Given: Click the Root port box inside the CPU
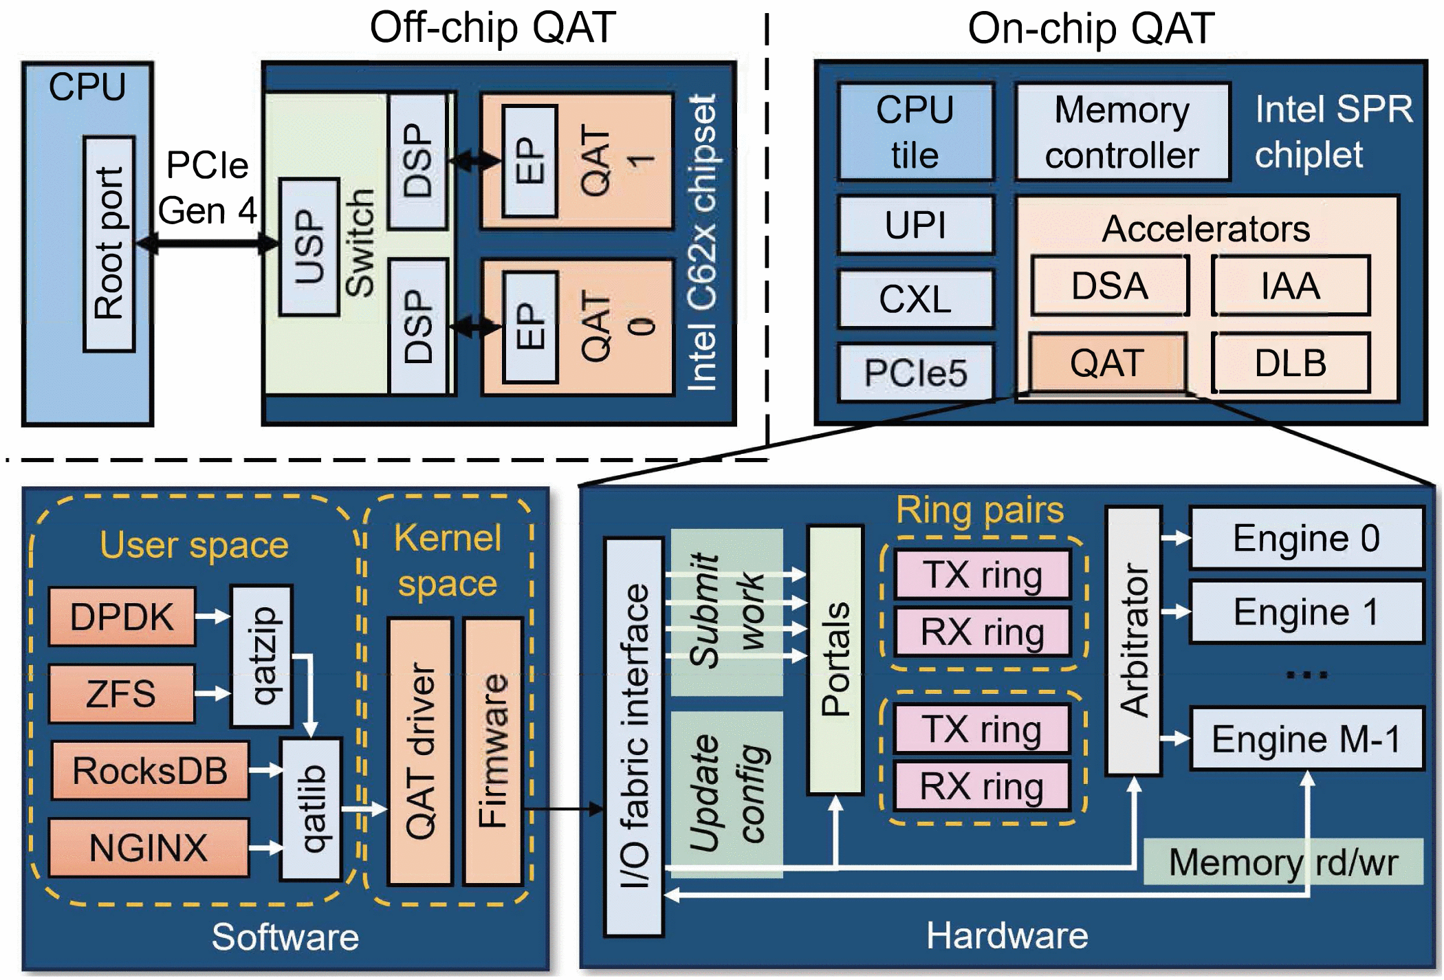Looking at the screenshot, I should (109, 244).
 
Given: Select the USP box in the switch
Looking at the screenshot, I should (309, 246).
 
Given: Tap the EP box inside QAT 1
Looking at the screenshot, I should (529, 161).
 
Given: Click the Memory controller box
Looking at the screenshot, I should (1122, 132).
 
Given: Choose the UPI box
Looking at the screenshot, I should (915, 225).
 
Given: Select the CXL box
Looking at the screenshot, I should (915, 298).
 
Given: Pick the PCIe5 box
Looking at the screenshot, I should (915, 372).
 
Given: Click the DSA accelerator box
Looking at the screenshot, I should (1109, 285).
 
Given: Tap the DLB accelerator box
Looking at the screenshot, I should (1290, 363).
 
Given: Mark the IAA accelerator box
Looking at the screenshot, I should (1290, 285).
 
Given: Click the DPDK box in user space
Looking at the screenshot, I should (122, 616).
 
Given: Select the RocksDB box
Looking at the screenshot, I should (150, 770).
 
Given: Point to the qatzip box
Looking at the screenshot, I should (262, 655).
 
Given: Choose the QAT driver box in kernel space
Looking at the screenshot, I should (420, 751).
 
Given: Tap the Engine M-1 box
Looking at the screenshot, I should (1305, 739).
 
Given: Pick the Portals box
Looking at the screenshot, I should (835, 660).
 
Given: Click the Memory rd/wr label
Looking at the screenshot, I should (1282, 862).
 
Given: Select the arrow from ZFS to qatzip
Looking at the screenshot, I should (212, 693).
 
